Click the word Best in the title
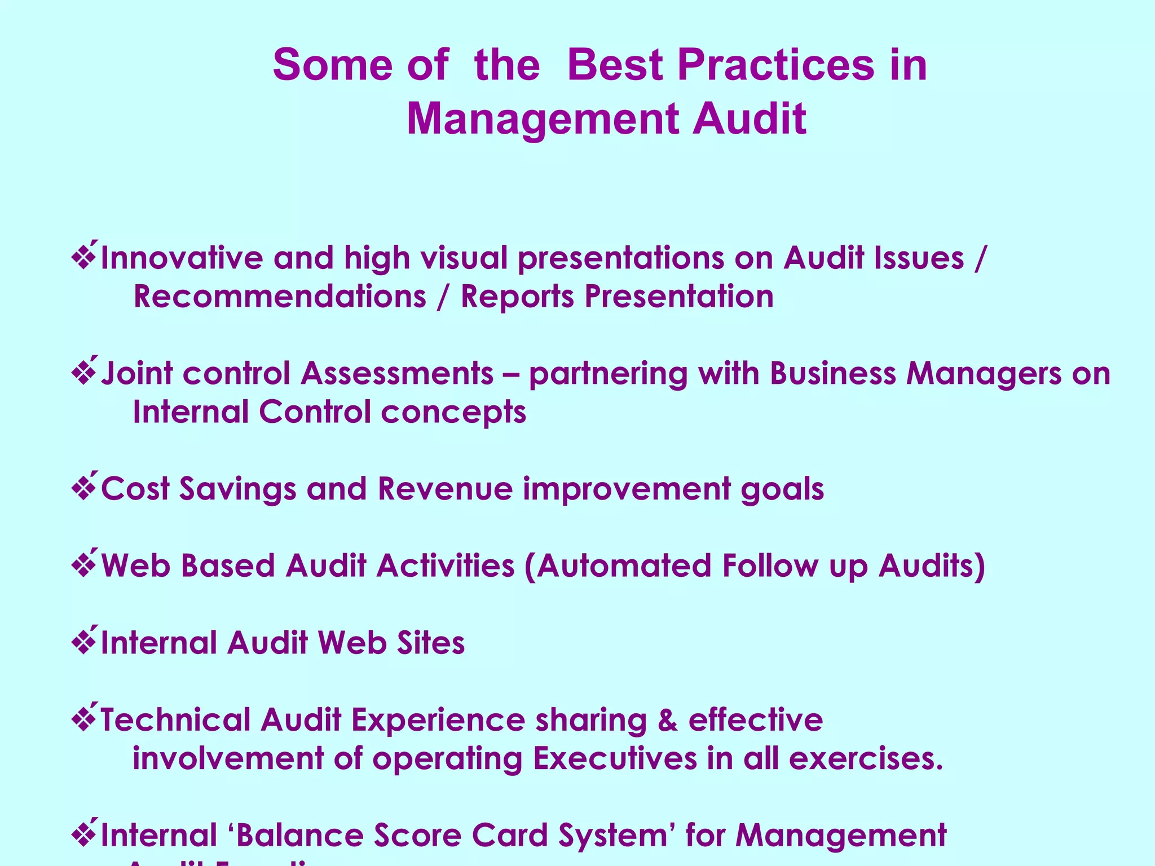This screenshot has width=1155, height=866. pyautogui.click(x=615, y=65)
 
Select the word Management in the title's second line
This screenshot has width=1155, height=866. pyautogui.click(x=542, y=119)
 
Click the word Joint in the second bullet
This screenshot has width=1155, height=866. pyautogui.click(x=136, y=373)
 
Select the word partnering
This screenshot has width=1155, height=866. pyautogui.click(x=608, y=374)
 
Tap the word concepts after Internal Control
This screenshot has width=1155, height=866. pyautogui.click(x=453, y=413)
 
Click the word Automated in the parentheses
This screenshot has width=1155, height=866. pyautogui.click(x=624, y=565)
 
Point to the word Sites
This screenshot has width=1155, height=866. pyautogui.click(x=430, y=643)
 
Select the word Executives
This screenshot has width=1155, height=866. pyautogui.click(x=615, y=758)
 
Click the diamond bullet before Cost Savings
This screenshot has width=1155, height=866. pyautogui.click(x=84, y=487)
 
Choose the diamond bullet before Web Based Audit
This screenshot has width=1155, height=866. pyautogui.click(x=84, y=564)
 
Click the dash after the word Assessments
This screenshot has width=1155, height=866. pyautogui.click(x=511, y=374)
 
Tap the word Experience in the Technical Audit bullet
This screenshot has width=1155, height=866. pyautogui.click(x=438, y=721)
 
